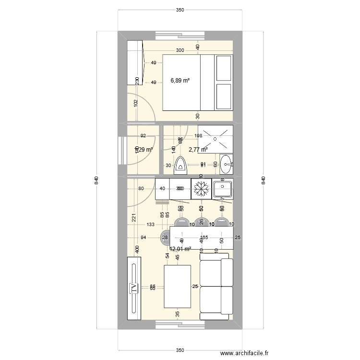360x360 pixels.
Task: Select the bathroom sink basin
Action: [226, 164]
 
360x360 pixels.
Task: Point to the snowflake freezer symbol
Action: [201, 189]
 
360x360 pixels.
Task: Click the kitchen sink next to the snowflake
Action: [222, 189]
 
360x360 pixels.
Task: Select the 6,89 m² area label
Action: [180, 81]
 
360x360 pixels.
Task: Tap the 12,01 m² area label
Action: [180, 249]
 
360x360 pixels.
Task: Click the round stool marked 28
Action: [165, 237]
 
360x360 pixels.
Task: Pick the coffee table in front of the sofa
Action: [178, 286]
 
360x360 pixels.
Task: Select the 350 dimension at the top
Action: [180, 10]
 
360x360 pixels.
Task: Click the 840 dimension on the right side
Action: [263, 180]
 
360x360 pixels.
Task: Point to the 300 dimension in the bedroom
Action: [180, 50]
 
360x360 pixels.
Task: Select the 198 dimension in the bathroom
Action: [198, 136]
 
